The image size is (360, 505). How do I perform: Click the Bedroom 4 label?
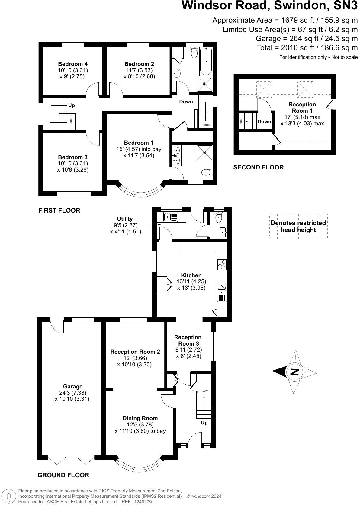pyautogui.click(x=73, y=64)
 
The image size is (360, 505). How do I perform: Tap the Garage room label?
pyautogui.click(x=72, y=386)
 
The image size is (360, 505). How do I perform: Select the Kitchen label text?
pyautogui.click(x=191, y=275)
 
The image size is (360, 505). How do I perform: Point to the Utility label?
pyautogui.click(x=125, y=219)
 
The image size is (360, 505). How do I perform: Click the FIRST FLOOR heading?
pyautogui.click(x=59, y=211)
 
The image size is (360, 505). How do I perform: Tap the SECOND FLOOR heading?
pyautogui.click(x=258, y=167)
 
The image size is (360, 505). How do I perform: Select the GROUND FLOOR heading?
pyautogui.click(x=63, y=475)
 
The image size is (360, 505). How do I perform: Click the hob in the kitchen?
pyautogui.click(x=222, y=265)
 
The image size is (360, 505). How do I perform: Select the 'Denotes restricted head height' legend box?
pyautogui.click(x=298, y=227)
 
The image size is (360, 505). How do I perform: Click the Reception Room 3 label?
pyautogui.click(x=188, y=340)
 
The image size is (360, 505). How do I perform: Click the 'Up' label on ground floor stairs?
pyautogui.click(x=204, y=423)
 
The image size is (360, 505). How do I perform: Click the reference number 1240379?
pyautogui.click(x=143, y=502)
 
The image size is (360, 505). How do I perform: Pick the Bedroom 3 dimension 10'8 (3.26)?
pyautogui.click(x=73, y=169)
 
